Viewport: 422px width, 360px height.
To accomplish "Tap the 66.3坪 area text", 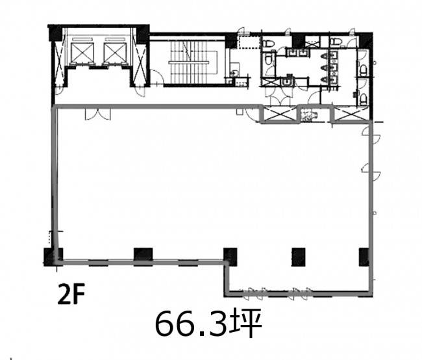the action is (208, 323).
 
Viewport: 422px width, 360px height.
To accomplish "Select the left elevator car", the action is (82, 53).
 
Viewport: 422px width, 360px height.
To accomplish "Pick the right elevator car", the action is (115, 53).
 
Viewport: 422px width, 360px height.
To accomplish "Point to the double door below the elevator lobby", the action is (97, 114).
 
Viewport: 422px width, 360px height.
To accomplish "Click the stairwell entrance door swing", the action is (156, 77).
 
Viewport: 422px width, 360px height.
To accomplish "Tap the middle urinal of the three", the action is (325, 68).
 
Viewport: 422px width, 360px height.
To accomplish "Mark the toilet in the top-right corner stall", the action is (336, 42).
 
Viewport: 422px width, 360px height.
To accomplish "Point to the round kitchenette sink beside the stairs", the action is (234, 73).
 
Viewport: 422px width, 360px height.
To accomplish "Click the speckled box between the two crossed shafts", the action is (308, 115).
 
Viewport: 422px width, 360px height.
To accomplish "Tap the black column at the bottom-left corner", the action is (53, 257).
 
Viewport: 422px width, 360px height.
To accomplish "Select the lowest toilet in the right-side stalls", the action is (364, 99).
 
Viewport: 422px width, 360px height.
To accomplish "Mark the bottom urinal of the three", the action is (325, 79).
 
